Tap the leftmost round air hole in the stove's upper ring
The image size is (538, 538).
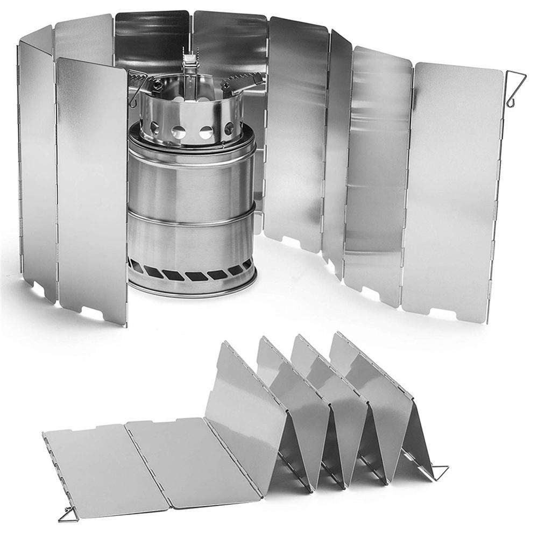coord(155,128)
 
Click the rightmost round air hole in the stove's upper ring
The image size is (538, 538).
coord(229,128)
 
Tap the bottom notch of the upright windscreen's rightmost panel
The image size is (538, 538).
coord(440,312)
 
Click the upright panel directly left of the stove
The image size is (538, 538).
coord(91,188)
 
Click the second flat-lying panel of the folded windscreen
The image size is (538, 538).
coord(191,457)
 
